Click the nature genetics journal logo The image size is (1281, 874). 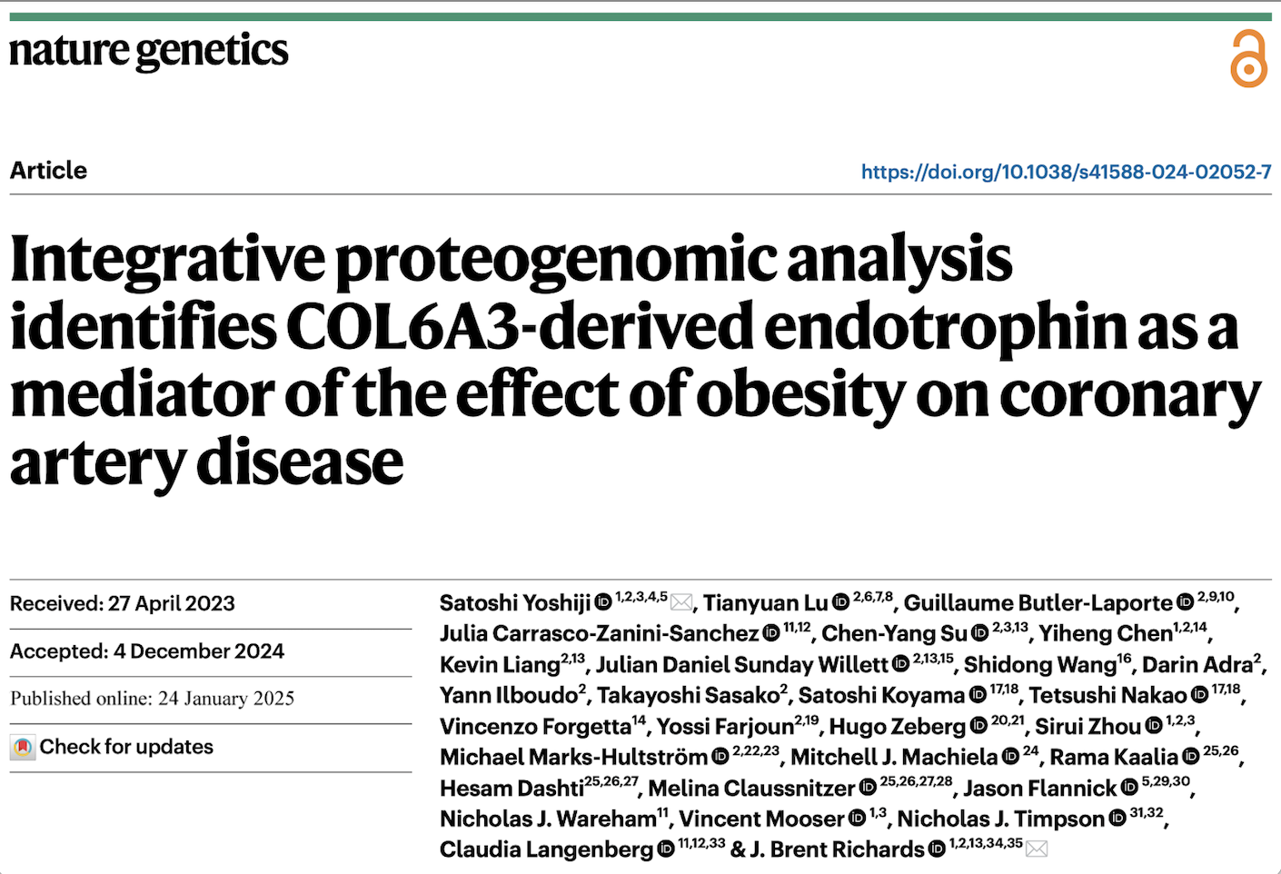coord(149,52)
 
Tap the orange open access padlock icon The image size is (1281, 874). coord(1248,59)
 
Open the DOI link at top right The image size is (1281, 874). coord(1066,172)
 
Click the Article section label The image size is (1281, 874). coord(49,171)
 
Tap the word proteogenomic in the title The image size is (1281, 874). coord(555,260)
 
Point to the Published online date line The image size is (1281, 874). coord(153,699)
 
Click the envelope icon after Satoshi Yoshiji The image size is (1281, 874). coord(682,603)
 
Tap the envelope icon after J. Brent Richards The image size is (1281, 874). coord(1037,849)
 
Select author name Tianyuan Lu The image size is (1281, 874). coord(765,603)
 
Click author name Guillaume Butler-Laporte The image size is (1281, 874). coord(1038,603)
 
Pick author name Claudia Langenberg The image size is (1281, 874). coord(546,849)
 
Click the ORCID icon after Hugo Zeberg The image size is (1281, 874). coord(978,726)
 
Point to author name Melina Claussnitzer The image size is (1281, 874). coord(751,788)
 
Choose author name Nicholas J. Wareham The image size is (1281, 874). coord(548,819)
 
